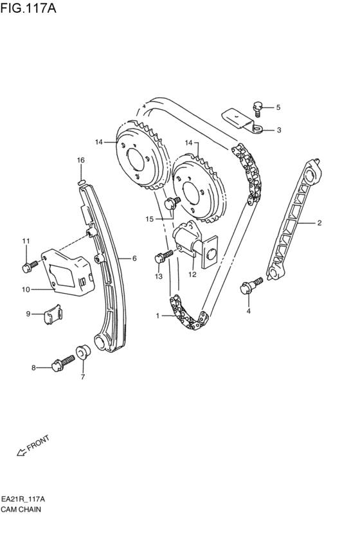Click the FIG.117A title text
tap(28, 8)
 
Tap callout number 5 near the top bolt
tap(278, 107)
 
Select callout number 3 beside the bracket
tap(279, 130)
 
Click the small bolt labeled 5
tap(257, 108)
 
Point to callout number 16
tap(80, 160)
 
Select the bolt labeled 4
tap(251, 285)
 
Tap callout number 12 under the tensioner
tap(192, 274)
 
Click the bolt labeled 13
tap(163, 256)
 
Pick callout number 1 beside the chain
tap(157, 316)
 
